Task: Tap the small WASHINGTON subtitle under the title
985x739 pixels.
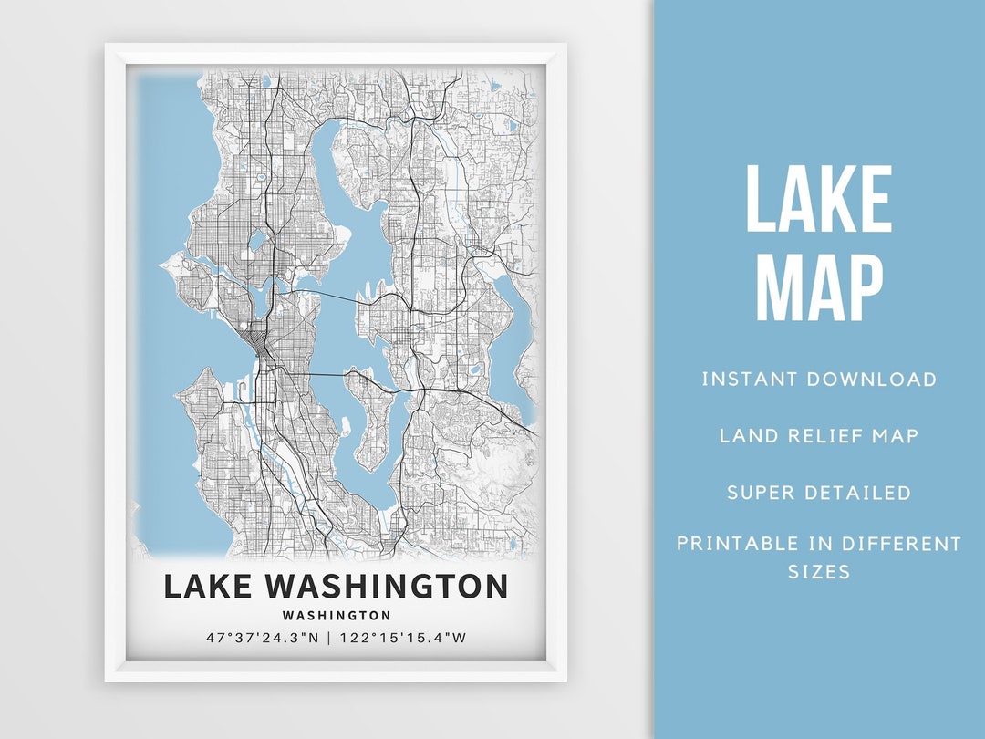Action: pos(337,616)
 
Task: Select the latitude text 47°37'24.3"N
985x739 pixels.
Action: pos(263,638)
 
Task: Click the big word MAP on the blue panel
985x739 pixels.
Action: pos(818,286)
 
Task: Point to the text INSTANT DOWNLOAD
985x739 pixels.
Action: pos(818,380)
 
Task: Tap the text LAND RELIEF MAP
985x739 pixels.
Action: pos(818,435)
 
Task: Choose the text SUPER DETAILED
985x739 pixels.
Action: pos(818,493)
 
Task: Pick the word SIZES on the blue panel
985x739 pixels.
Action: pos(818,572)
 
